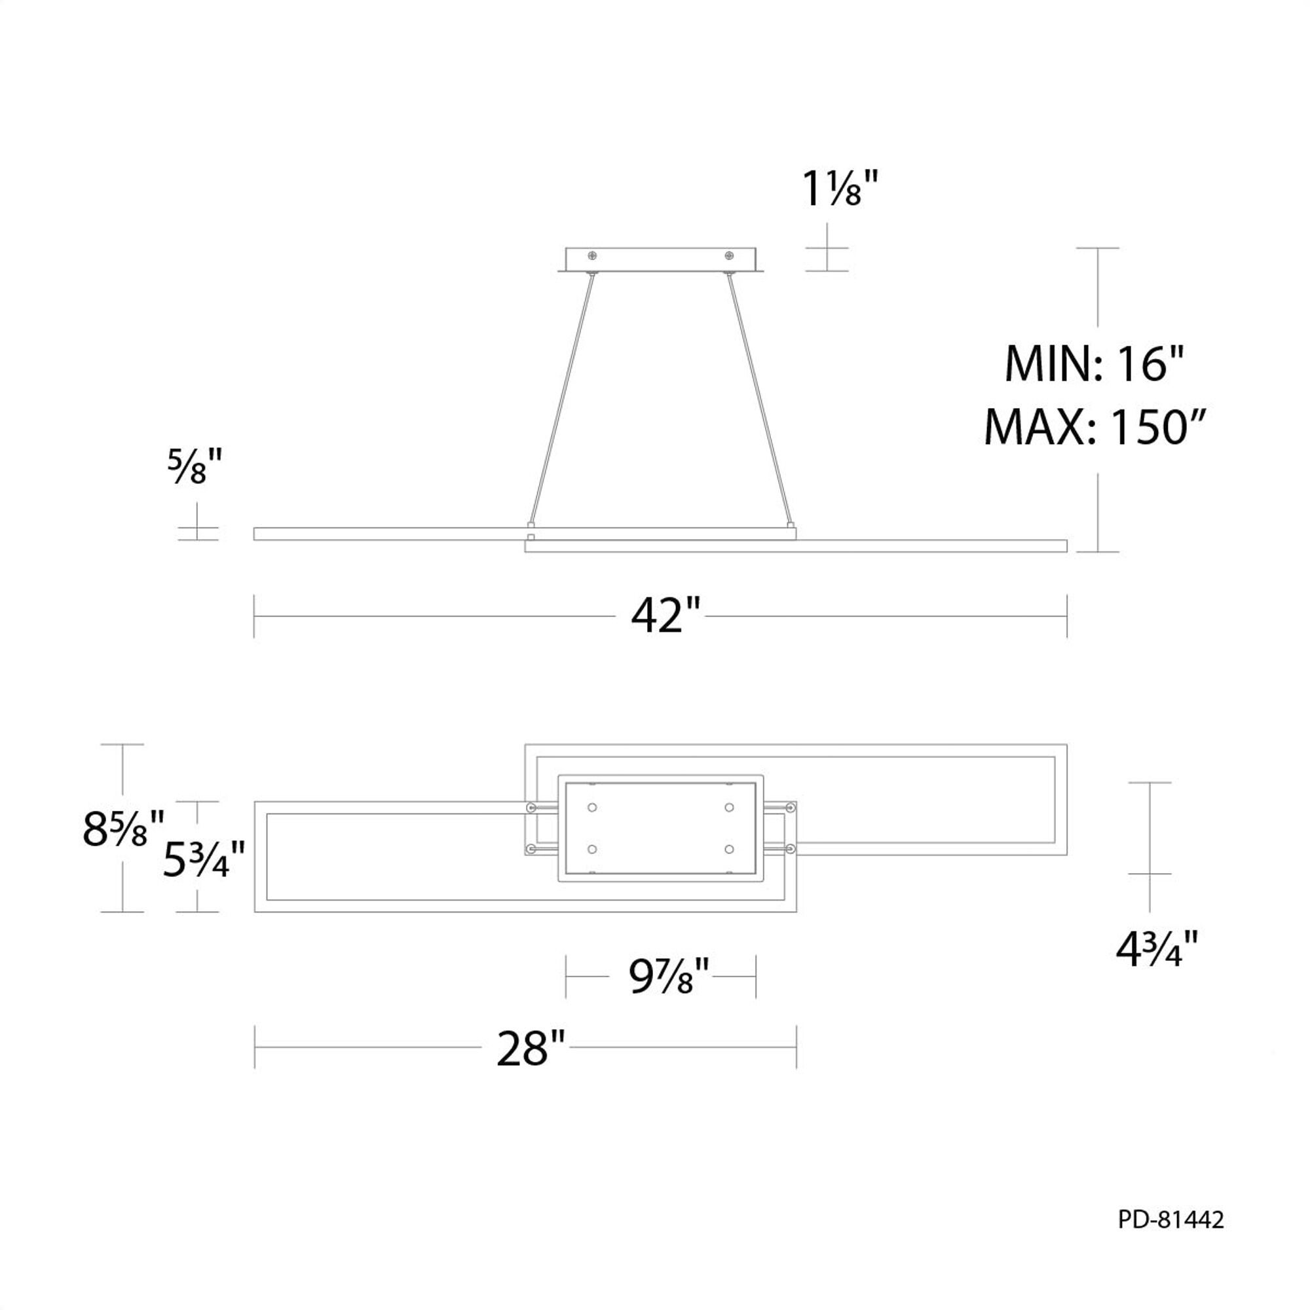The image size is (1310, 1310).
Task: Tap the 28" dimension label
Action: (531, 1047)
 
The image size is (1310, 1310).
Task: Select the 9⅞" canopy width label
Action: (669, 977)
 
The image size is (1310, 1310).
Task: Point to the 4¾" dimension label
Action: (1157, 950)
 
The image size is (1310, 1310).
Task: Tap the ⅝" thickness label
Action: (195, 467)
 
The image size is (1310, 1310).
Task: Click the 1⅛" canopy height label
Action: (840, 189)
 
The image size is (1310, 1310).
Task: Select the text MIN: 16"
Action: (1093, 365)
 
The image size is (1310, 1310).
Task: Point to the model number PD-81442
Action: (1171, 1220)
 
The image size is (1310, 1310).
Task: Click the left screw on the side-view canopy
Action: (593, 255)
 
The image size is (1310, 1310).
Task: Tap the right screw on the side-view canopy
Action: (729, 255)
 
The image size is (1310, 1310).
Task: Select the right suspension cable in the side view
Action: (760, 400)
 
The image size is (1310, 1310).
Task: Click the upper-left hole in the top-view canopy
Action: (593, 807)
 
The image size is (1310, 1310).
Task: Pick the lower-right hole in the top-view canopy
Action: (729, 849)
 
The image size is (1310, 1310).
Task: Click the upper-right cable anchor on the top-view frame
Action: (790, 808)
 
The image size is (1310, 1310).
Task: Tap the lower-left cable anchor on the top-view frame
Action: (531, 849)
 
